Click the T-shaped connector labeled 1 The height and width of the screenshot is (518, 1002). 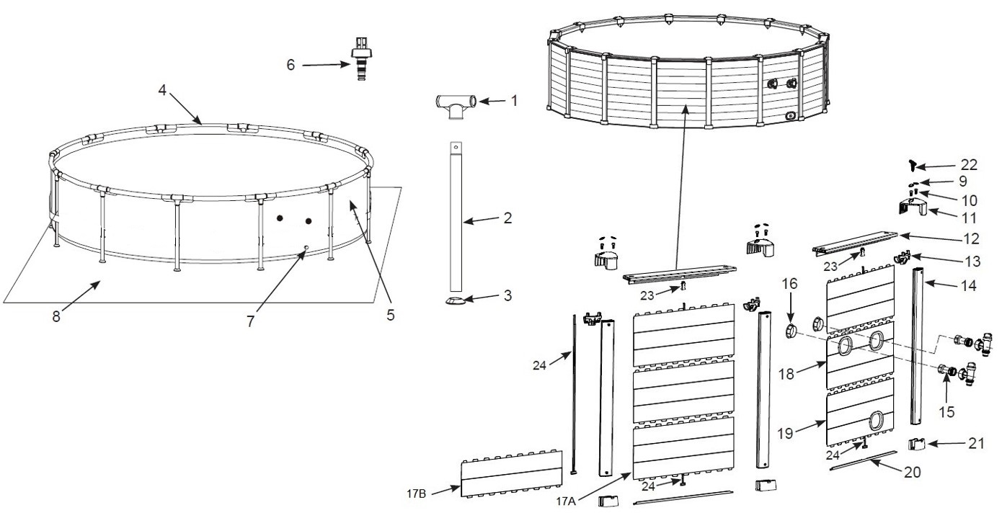tap(455, 105)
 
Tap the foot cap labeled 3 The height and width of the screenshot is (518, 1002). tap(456, 300)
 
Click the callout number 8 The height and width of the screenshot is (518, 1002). tap(56, 316)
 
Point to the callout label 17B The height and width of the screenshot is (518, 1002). tap(416, 494)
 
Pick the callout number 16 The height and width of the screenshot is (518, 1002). tap(789, 283)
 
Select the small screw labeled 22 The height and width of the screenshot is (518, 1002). tap(912, 166)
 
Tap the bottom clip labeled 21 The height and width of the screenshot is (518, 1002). tap(917, 445)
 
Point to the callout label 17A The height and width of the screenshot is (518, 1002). tap(566, 501)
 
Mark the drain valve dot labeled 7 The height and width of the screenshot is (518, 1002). tap(306, 247)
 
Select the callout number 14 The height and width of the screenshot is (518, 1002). tap(969, 285)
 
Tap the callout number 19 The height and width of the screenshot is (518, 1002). tap(785, 433)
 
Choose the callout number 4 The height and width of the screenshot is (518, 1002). tap(162, 90)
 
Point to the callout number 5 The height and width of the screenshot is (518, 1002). tap(391, 315)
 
